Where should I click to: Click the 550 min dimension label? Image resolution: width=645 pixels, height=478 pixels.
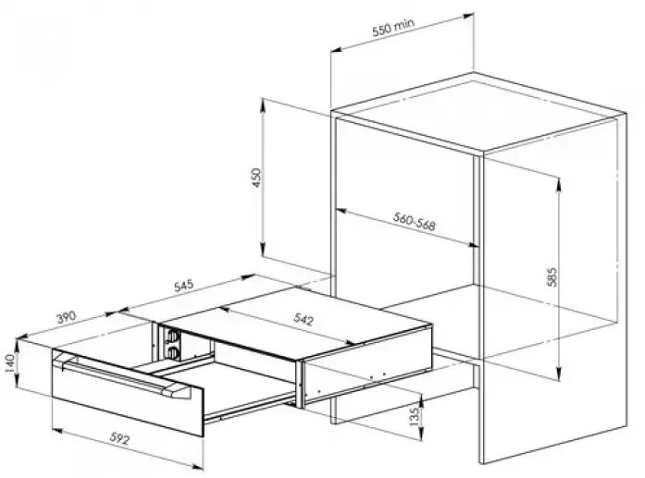(393, 27)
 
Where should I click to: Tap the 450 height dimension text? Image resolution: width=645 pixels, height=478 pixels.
(256, 178)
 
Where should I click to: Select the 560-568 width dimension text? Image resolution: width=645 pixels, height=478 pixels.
(414, 221)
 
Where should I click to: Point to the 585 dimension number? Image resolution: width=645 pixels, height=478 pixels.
(552, 276)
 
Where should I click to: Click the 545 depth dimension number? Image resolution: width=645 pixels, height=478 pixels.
(183, 286)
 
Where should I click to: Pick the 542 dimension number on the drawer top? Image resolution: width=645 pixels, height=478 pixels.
(304, 319)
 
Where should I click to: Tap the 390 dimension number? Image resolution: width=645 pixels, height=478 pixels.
(67, 317)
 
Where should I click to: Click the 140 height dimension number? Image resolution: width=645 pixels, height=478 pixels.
(9, 363)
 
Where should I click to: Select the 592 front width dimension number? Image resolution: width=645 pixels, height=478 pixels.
(119, 438)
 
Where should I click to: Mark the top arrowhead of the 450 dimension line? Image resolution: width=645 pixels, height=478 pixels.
(262, 104)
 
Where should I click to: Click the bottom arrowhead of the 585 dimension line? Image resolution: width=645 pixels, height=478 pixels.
(558, 374)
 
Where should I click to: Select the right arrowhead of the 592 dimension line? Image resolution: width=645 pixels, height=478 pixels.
(198, 466)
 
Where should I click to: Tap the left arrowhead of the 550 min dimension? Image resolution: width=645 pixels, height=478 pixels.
(337, 50)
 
